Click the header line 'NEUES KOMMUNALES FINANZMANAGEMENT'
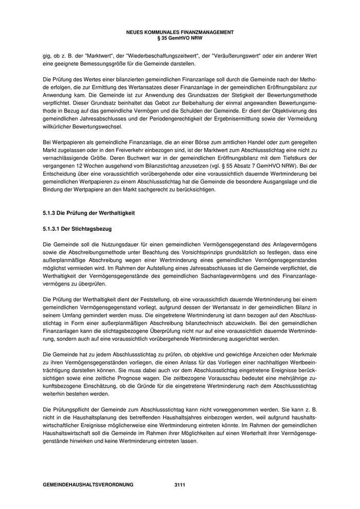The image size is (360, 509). pyautogui.click(x=179, y=32)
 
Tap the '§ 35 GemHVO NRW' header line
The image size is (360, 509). pyautogui.click(x=179, y=38)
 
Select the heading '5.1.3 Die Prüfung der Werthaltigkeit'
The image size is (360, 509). pyautogui.click(x=89, y=213)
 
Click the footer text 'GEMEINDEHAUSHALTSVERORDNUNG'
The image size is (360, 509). pyautogui.click(x=88, y=485)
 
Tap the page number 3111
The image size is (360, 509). pyautogui.click(x=179, y=485)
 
